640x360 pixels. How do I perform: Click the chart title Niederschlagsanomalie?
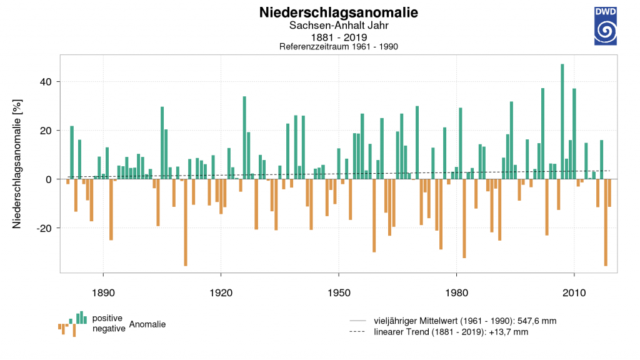[x=338, y=12]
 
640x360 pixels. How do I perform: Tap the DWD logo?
[x=605, y=26]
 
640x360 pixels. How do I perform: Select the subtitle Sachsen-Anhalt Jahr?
[x=339, y=25]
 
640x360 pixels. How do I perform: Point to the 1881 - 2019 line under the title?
[x=339, y=37]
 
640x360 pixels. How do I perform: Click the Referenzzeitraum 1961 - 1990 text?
[x=338, y=46]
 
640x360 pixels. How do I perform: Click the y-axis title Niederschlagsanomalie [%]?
[x=17, y=164]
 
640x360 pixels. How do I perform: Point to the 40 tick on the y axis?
[x=46, y=82]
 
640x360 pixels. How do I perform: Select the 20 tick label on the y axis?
[x=46, y=131]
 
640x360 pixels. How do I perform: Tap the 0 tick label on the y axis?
[x=49, y=179]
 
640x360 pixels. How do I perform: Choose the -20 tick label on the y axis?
[x=44, y=228]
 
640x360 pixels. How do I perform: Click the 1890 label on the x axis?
[x=103, y=292]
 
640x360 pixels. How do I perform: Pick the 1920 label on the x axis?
[x=221, y=292]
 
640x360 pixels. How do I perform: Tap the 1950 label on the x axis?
[x=339, y=292]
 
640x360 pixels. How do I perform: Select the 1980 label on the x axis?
[x=456, y=292]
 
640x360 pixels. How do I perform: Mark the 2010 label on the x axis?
[x=574, y=292]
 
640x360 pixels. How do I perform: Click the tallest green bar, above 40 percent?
[x=562, y=122]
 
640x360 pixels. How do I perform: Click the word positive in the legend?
[x=107, y=318]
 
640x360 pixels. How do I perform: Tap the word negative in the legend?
[x=109, y=329]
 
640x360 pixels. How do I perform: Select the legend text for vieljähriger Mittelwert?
[x=465, y=321]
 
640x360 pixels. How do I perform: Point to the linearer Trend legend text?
[x=451, y=332]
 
